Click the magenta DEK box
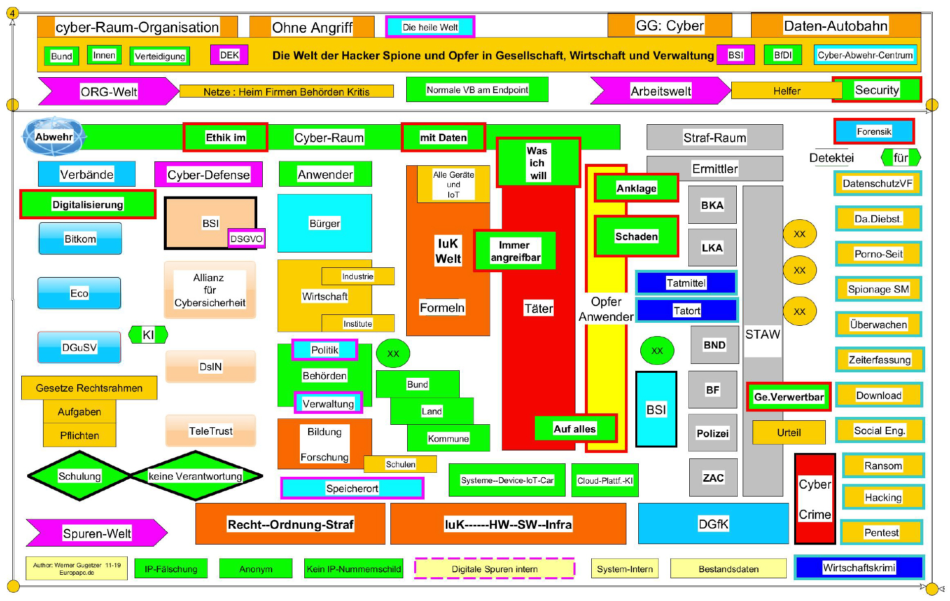(x=229, y=55)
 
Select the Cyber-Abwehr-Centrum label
(x=865, y=55)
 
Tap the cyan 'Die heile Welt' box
(x=430, y=27)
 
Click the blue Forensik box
(x=874, y=131)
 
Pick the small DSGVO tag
(x=246, y=239)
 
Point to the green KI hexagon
(x=148, y=335)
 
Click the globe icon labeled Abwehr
(x=53, y=136)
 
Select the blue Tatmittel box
(x=686, y=283)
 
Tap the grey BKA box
(x=712, y=205)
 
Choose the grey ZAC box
(x=713, y=478)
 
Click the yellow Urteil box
(x=789, y=433)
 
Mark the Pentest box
(x=881, y=533)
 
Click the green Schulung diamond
(x=79, y=476)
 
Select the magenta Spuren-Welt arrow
(x=97, y=533)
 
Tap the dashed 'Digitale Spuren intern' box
(x=494, y=569)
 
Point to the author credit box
(x=77, y=568)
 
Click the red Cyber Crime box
(x=814, y=499)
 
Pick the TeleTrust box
(x=211, y=431)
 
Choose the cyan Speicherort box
(x=352, y=488)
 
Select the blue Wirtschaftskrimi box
(x=859, y=568)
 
